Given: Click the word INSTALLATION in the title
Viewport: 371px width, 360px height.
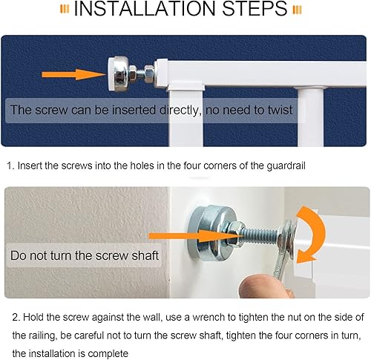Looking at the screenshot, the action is click(x=145, y=9).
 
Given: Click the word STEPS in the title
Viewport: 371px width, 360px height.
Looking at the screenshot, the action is click(x=255, y=9).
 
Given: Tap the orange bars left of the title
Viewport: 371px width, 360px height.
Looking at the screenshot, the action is click(x=65, y=10).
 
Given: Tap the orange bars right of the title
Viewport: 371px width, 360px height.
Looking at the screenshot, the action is click(x=297, y=10).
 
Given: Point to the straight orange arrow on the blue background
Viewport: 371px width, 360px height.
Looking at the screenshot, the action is click(x=74, y=74).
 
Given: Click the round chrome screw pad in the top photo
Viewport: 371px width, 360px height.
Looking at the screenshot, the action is click(x=118, y=73).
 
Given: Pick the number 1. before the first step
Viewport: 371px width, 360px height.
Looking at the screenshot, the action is click(x=11, y=166).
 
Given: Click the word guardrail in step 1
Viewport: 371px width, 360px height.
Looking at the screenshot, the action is click(x=286, y=166).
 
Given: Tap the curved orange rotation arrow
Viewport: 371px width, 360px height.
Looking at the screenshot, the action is click(x=312, y=235).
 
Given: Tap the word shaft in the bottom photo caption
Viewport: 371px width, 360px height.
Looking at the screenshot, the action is click(x=145, y=255).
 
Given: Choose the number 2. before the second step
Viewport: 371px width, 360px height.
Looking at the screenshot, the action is click(x=16, y=317).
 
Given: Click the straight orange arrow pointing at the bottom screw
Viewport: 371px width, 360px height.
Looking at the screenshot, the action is click(x=195, y=236).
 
